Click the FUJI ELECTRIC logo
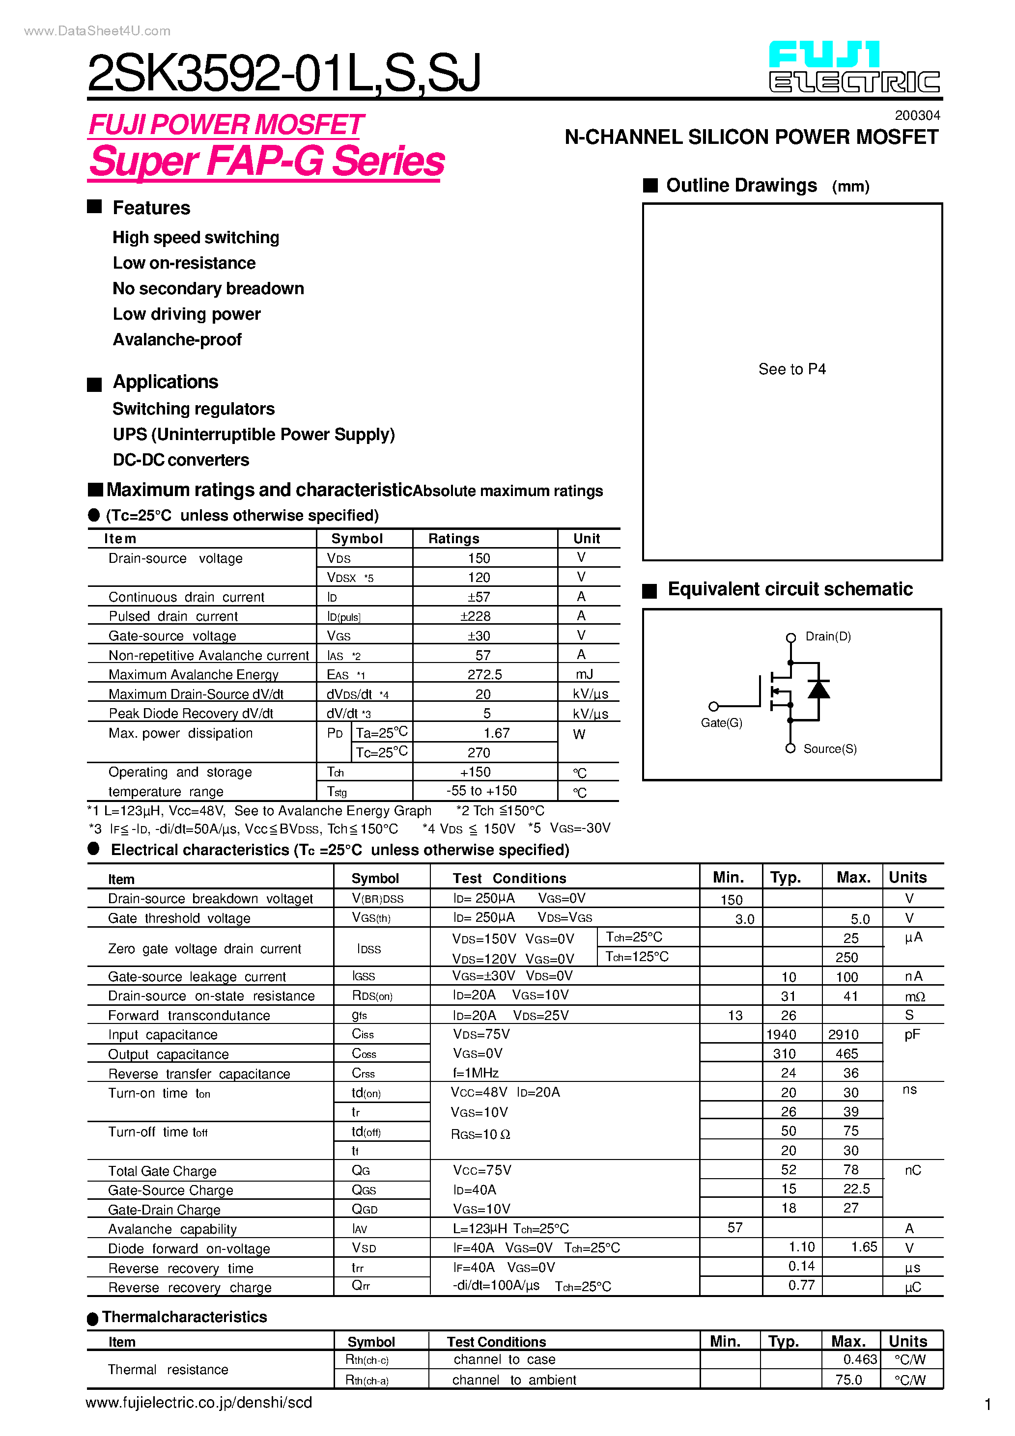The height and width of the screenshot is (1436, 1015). tap(854, 67)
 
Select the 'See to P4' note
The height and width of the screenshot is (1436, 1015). tap(791, 369)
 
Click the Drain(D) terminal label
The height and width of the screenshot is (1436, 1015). tap(828, 636)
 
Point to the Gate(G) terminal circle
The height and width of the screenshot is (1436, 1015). tap(713, 707)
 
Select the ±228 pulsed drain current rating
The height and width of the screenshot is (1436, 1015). tap(476, 616)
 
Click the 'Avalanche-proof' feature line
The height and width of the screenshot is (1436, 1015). tap(177, 340)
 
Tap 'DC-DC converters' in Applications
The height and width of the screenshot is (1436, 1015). tap(181, 460)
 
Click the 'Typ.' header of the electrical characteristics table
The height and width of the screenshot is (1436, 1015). tap(786, 878)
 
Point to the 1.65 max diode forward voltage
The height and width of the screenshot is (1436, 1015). tap(864, 1246)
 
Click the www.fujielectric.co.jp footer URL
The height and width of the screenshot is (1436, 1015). tap(198, 1402)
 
